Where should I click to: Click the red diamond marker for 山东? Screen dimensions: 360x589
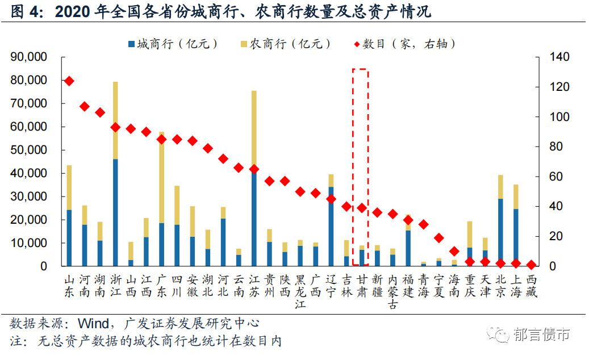[69, 81]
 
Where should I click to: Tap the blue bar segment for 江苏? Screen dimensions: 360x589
[254, 219]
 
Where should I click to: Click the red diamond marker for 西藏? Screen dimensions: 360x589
[531, 265]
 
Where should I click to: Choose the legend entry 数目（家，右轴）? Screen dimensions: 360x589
[404, 44]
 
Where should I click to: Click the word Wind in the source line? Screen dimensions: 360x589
[93, 324]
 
